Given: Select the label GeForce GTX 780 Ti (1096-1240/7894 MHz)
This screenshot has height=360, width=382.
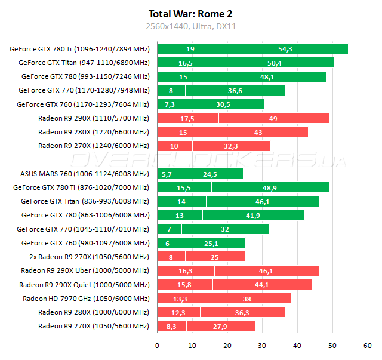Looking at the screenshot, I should [x=79, y=49].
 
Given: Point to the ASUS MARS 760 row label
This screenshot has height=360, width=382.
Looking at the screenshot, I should [x=85, y=174].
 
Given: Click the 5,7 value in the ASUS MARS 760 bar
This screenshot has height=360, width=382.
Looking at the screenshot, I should [x=167, y=174].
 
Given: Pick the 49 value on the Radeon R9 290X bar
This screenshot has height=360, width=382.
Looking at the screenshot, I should [x=273, y=118].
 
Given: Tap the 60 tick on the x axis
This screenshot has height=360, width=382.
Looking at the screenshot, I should [x=367, y=345].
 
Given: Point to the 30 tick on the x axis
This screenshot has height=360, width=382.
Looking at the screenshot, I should [x=262, y=345].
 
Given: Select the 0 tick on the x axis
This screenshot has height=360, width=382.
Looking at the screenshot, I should [x=157, y=345].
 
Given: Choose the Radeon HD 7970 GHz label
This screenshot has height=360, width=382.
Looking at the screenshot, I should [x=86, y=298].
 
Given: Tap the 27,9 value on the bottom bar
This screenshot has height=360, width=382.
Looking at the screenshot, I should [x=220, y=326].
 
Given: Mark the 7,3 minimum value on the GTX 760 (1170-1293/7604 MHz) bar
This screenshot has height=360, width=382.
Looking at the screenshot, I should [x=170, y=104].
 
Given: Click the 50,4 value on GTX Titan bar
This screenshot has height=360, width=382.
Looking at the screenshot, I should [x=275, y=63].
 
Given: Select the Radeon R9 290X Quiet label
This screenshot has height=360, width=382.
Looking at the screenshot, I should [x=84, y=284].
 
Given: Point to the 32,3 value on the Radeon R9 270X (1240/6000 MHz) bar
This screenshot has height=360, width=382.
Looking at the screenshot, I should [x=230, y=146].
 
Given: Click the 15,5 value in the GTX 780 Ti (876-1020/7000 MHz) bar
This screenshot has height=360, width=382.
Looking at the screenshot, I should [x=184, y=187].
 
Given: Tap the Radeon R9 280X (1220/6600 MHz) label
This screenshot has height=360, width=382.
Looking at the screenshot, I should [x=93, y=132].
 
